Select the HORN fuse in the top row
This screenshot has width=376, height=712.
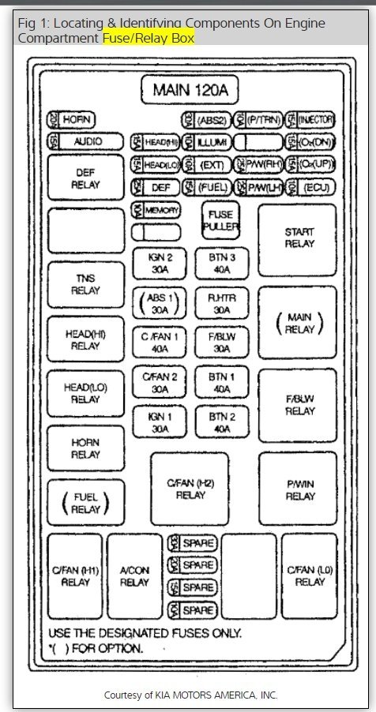pos(72,120)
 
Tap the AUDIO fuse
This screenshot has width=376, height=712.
pos(86,142)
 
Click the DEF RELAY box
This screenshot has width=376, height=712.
pos(85,178)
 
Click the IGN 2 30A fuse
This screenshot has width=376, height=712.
pos(159,263)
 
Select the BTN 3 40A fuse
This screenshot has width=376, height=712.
pos(222,263)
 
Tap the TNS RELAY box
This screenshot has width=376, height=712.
pos(85,284)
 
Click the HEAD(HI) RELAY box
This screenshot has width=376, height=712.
pos(85,339)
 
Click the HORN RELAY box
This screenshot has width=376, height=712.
pos(85,448)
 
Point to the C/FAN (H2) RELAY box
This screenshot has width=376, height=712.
pos(190,489)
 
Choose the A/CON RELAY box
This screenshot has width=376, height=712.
pos(134,576)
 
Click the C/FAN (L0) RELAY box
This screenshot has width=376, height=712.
pos(309,576)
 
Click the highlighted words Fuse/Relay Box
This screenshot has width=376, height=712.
pos(149,37)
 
